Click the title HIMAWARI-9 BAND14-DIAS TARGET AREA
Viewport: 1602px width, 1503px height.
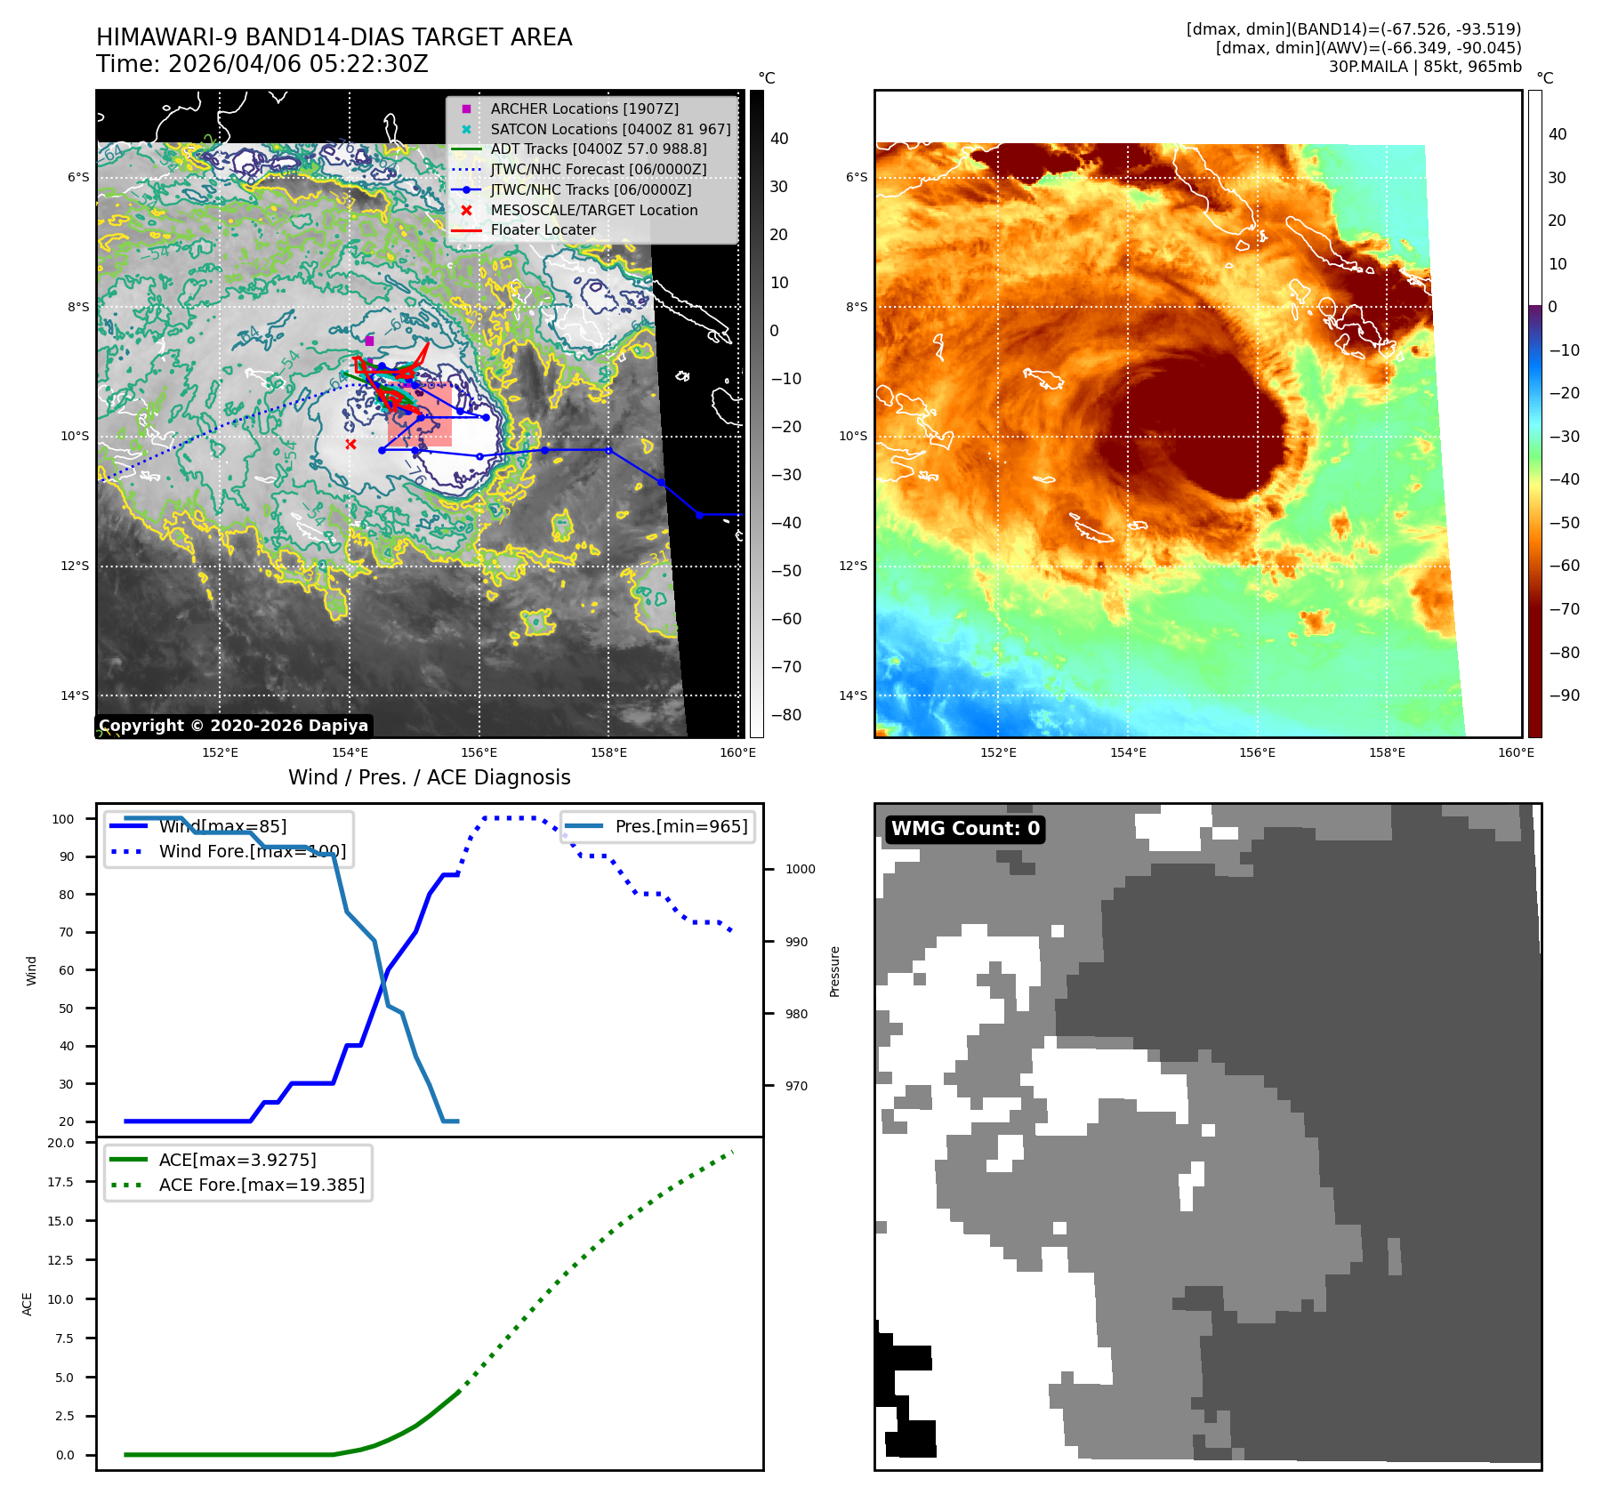tap(334, 37)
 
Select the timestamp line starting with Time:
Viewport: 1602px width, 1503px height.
tap(262, 64)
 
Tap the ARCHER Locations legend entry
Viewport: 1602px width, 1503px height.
tap(584, 109)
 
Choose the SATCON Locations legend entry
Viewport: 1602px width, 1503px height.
tap(610, 129)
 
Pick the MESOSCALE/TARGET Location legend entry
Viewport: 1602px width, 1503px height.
tap(593, 210)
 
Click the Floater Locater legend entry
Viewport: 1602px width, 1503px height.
tap(543, 229)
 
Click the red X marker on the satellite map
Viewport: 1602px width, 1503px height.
tap(350, 444)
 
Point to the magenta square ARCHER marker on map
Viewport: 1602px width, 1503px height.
tap(369, 341)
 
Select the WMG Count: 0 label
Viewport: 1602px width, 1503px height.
tap(965, 829)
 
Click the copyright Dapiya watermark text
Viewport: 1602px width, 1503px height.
tap(233, 726)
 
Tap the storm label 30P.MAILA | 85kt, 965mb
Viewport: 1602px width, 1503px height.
tap(1425, 67)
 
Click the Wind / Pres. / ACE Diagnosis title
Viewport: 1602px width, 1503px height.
tap(429, 777)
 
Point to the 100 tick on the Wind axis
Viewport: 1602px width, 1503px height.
tap(63, 819)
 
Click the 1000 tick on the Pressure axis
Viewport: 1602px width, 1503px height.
tap(800, 869)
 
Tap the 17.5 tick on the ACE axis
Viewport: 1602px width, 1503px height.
tap(60, 1182)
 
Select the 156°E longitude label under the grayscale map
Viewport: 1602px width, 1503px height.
tap(479, 752)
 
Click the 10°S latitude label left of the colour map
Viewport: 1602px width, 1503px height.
tap(852, 436)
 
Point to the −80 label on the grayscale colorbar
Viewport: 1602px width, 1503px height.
tap(785, 715)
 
